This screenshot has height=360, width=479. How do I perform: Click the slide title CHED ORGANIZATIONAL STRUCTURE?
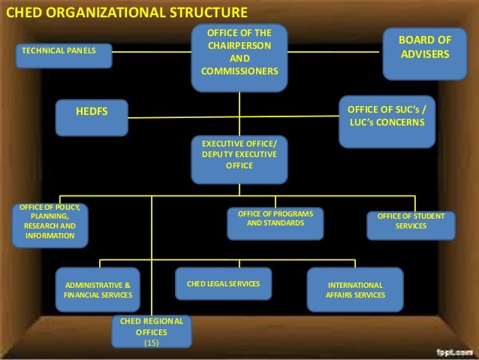tap(126, 12)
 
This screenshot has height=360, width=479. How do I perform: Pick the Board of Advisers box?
tap(424, 47)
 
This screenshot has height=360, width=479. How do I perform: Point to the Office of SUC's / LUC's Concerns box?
tap(387, 116)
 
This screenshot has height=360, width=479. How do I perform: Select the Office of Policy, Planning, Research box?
tap(50, 222)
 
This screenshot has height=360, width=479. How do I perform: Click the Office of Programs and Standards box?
tap(275, 219)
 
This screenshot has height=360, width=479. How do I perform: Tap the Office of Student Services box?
tap(411, 222)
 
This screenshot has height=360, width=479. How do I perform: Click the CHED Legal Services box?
tap(222, 284)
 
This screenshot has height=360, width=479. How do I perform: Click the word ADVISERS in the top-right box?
tap(424, 55)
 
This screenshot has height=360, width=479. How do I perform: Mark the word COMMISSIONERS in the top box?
tap(239, 71)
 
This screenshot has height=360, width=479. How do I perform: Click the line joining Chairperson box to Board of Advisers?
tap(334, 51)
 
